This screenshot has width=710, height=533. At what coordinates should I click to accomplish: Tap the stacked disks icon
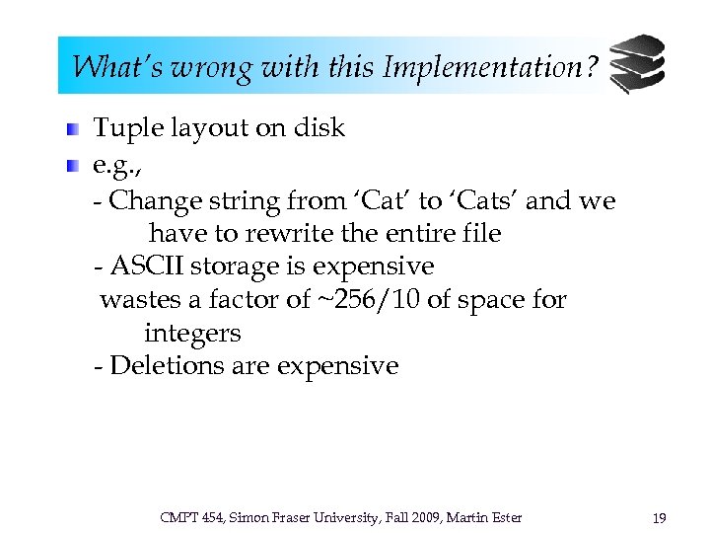(636, 64)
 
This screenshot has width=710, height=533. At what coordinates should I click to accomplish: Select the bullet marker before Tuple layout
(74, 128)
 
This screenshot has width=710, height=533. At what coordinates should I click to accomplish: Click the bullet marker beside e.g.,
(74, 165)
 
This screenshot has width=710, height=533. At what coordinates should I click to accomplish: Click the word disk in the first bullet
(319, 128)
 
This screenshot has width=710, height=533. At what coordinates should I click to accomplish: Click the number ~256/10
(368, 299)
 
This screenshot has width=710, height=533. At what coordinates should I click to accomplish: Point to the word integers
(192, 333)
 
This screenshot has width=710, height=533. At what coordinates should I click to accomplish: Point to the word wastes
(135, 299)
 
